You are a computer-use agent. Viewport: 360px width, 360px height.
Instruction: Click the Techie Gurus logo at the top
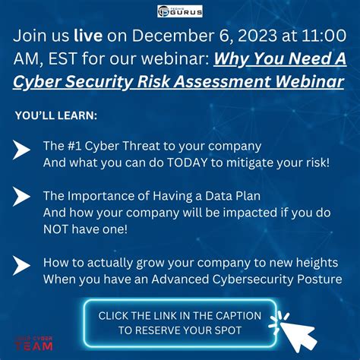(x=180, y=12)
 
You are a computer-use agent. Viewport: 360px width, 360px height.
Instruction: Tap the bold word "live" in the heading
(x=89, y=36)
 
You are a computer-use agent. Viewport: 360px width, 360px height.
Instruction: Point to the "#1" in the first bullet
(x=74, y=144)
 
